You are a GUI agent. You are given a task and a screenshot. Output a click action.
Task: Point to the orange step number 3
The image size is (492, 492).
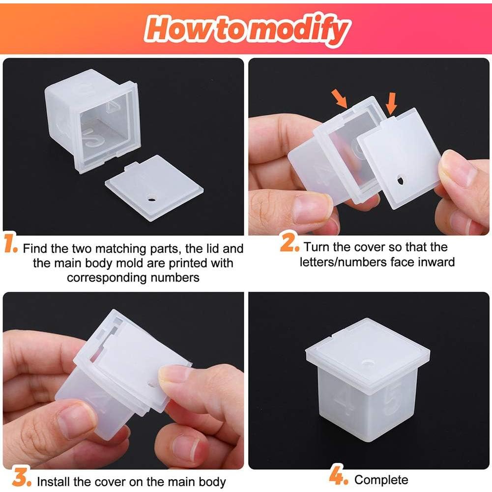[19, 477]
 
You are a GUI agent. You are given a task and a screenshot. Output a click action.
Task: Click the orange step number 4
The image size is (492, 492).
[339, 476]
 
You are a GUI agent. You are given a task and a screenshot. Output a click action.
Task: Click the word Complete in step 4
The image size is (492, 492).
[381, 479]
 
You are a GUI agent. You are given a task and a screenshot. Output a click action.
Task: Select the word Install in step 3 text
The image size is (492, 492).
[55, 482]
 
